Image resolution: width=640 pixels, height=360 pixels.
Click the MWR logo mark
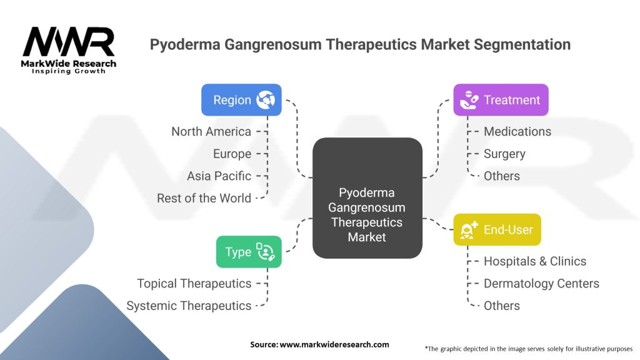click(x=69, y=42)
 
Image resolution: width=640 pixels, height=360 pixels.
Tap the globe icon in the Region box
click(x=266, y=100)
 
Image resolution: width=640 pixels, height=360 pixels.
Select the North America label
click(x=211, y=131)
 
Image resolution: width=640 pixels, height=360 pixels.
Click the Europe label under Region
click(x=232, y=154)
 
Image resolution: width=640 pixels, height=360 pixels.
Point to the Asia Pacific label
click(x=219, y=176)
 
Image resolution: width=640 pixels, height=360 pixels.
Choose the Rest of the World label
click(x=204, y=198)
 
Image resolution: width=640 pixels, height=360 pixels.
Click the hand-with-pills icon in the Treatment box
click(x=469, y=100)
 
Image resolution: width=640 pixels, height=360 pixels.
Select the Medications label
click(x=517, y=131)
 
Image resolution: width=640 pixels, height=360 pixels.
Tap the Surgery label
click(x=504, y=154)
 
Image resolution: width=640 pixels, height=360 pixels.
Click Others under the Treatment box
click(x=502, y=176)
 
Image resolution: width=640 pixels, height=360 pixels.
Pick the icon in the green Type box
click(x=265, y=251)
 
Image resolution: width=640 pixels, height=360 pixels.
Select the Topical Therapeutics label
click(x=194, y=283)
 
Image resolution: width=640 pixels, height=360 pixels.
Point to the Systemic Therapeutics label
click(x=189, y=306)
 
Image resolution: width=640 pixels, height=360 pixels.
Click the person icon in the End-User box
click(x=469, y=230)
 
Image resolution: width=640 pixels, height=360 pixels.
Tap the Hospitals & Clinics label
click(x=535, y=261)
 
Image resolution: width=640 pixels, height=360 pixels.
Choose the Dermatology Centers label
click(x=541, y=283)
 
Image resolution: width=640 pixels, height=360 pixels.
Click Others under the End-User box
click(x=502, y=306)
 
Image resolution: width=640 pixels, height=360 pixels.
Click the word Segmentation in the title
click(x=522, y=44)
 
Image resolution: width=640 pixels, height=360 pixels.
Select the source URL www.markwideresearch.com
click(x=334, y=344)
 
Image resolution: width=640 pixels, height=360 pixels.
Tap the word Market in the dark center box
click(x=366, y=237)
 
